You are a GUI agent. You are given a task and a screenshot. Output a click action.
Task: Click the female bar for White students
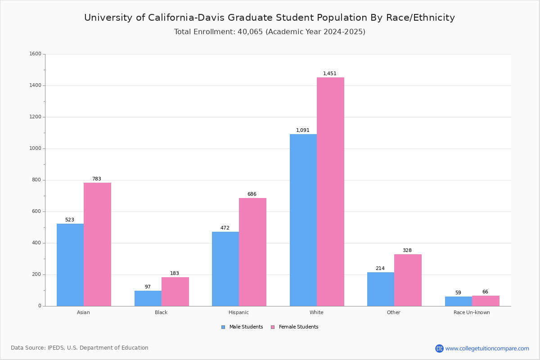point(330,192)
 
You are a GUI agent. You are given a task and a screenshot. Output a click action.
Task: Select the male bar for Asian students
point(70,265)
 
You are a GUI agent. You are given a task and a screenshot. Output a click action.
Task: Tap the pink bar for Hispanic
point(252,252)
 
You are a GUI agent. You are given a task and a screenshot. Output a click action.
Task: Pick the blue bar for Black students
point(148,298)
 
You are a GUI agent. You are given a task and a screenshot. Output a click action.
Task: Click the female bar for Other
point(408,280)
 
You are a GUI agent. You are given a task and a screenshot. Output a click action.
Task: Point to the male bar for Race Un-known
point(459,301)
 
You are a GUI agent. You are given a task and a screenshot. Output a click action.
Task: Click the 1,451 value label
point(329,73)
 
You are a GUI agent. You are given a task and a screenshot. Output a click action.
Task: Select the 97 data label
point(148,287)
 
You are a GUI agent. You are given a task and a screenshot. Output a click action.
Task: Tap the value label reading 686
point(252,194)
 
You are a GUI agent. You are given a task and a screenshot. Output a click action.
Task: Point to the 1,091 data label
point(302,130)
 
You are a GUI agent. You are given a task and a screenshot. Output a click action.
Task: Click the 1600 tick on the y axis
point(35,54)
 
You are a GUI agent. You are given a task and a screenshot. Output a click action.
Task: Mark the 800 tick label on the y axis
point(36,180)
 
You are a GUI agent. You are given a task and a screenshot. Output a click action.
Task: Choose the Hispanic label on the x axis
point(238,312)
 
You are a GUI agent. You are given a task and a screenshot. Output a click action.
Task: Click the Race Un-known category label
point(472,312)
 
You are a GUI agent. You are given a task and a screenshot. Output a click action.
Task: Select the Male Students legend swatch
point(223,327)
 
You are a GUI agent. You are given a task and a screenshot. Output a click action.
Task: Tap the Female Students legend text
point(298,327)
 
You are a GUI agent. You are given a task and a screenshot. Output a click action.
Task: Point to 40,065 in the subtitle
point(250,32)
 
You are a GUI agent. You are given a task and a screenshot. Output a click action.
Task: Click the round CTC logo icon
point(439,348)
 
